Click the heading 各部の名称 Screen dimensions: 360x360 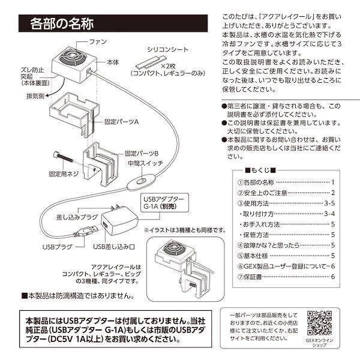62,25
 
